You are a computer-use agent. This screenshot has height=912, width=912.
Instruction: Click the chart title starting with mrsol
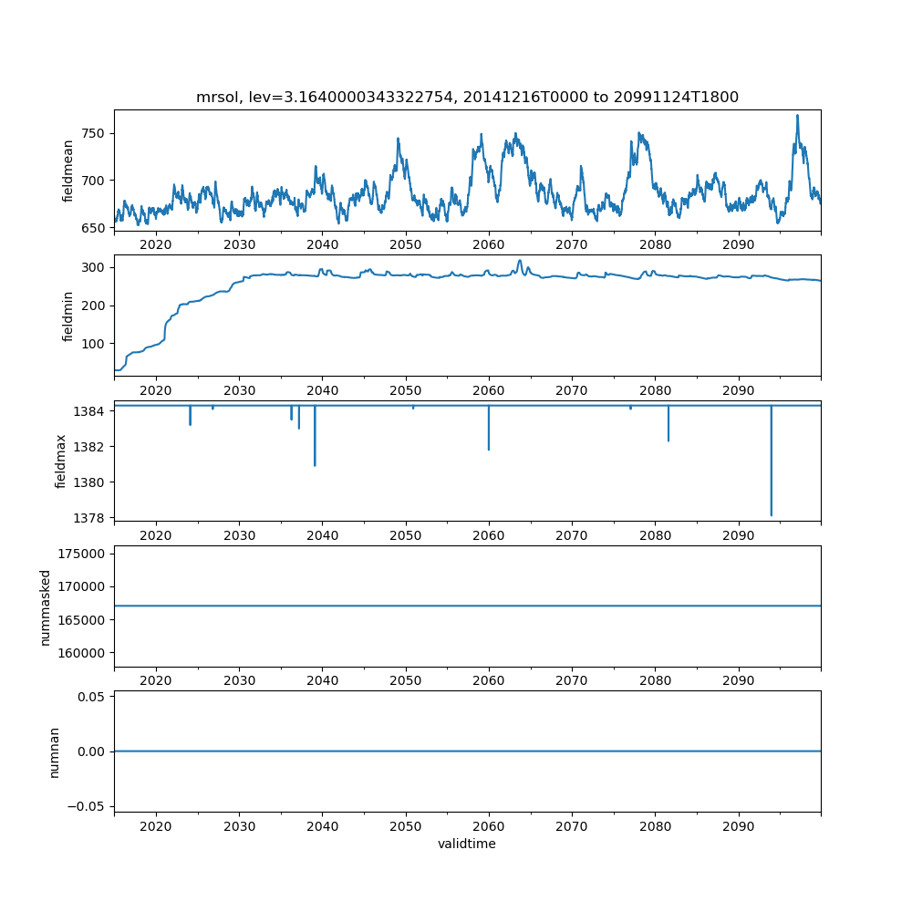(x=467, y=97)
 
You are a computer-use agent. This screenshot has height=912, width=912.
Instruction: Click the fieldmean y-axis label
(x=68, y=171)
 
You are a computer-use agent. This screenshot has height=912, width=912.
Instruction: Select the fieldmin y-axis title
(x=68, y=316)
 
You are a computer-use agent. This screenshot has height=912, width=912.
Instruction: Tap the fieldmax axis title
(x=61, y=461)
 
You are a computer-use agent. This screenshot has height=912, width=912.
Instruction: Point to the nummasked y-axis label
(x=45, y=606)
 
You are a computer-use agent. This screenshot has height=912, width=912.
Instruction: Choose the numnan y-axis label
(x=54, y=751)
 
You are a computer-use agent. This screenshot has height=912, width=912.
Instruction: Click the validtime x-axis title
(x=467, y=844)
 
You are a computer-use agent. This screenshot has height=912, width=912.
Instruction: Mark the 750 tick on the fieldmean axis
(x=94, y=133)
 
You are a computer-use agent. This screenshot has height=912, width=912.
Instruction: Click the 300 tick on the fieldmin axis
(x=94, y=267)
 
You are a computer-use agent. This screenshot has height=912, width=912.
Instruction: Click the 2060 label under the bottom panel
(x=489, y=826)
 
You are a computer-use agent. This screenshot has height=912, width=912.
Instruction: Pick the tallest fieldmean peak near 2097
(x=797, y=116)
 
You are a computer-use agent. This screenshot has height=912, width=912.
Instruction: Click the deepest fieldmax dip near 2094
(x=772, y=515)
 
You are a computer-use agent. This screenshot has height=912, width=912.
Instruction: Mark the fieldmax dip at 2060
(x=489, y=449)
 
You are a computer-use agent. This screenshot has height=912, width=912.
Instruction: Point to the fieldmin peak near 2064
(x=520, y=261)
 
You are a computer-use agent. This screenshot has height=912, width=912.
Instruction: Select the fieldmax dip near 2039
(x=315, y=465)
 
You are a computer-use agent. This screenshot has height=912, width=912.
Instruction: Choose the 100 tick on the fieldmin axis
(x=94, y=344)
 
